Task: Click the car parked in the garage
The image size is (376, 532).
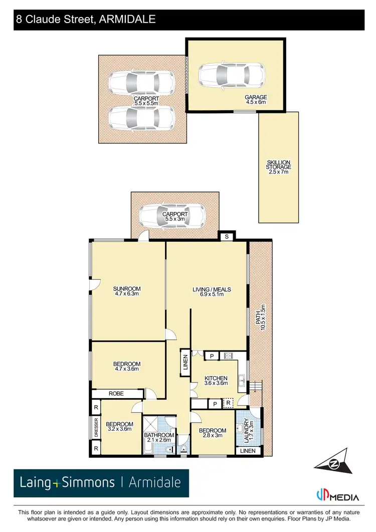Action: point(231,75)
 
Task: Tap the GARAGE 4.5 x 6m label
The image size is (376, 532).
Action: point(256,100)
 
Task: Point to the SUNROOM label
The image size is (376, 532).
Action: point(126,291)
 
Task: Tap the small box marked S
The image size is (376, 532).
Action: point(227,236)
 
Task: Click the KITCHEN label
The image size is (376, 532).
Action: point(216,381)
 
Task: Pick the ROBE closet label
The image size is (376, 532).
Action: point(116,394)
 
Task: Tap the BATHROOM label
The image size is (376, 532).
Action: point(159,437)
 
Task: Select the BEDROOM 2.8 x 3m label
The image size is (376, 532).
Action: point(213,433)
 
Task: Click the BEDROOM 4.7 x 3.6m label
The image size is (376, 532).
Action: point(126,367)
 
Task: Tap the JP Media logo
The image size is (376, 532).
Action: point(337,496)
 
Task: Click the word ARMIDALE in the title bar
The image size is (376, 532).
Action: point(128,20)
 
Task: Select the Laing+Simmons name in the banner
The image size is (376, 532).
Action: point(67,483)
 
